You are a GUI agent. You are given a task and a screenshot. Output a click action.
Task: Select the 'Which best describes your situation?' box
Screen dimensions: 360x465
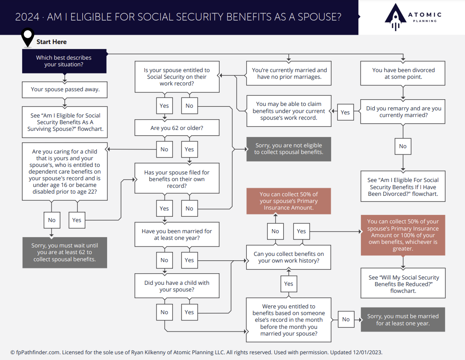tap(64, 61)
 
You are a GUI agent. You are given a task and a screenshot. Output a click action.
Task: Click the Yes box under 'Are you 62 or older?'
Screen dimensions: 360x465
tap(189, 150)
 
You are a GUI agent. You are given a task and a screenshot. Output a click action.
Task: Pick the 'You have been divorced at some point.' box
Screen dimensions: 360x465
tap(403, 73)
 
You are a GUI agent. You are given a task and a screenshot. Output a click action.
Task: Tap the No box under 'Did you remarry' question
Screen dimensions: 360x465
tap(403, 146)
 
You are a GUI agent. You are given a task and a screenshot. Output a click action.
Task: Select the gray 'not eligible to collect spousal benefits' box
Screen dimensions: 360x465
tap(289, 149)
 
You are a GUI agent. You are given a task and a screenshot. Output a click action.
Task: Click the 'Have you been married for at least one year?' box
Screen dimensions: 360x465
tap(177, 235)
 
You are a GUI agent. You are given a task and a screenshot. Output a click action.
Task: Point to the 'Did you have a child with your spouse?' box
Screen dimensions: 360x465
tap(177, 286)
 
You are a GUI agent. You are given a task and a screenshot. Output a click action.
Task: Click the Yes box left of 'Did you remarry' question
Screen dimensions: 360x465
tap(345, 113)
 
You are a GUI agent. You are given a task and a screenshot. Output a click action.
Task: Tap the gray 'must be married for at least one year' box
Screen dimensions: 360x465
tap(403, 320)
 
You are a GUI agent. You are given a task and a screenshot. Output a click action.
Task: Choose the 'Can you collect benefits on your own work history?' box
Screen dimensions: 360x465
tap(289, 257)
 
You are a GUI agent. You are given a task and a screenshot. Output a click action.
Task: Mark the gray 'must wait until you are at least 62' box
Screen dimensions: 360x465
tap(65, 252)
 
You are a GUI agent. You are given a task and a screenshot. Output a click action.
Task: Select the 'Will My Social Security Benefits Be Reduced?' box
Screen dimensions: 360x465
tap(403, 284)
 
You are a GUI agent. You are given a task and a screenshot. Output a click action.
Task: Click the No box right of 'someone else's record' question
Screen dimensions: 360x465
tap(346, 320)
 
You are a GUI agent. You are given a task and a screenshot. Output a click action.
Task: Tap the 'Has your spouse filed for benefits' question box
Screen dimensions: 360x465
tap(177, 179)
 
